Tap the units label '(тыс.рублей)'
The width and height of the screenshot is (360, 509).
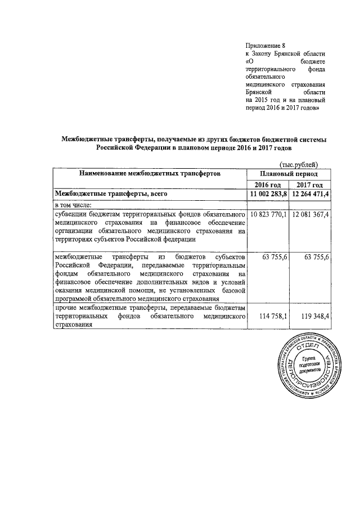click(x=299, y=164)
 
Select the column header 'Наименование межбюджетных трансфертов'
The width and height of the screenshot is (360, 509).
click(x=150, y=174)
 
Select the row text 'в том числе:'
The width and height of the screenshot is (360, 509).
click(x=76, y=205)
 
